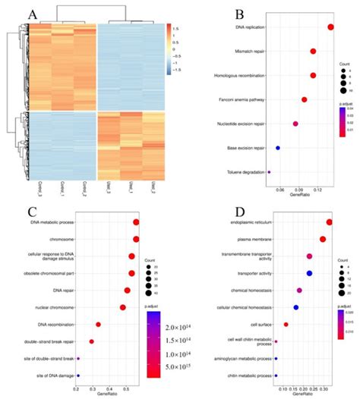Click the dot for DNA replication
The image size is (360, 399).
click(330, 27)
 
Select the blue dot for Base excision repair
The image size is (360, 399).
click(278, 148)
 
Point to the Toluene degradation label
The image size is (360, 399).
click(245, 172)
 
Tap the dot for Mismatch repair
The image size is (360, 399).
click(313, 52)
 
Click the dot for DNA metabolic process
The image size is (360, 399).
click(136, 222)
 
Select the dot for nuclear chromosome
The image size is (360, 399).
click(122, 307)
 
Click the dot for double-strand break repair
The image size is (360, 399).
click(92, 341)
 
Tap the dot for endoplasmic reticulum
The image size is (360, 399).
click(329, 222)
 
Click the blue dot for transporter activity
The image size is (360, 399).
click(309, 273)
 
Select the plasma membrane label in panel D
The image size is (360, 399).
click(251, 239)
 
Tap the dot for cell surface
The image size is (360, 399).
click(286, 325)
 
